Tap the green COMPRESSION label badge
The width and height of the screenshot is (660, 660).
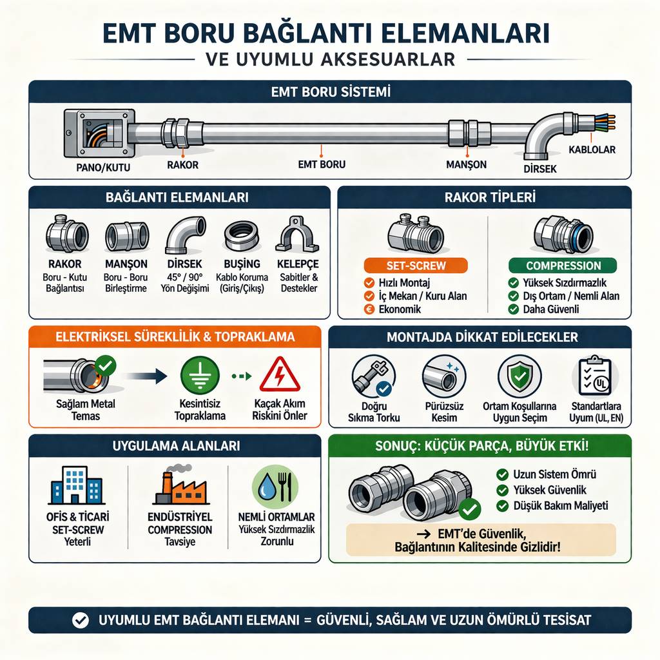563,266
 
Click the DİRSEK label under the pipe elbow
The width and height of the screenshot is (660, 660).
536,168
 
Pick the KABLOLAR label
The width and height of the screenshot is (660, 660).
592,150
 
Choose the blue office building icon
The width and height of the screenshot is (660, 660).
75,485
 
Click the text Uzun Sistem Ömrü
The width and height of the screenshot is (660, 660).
554,474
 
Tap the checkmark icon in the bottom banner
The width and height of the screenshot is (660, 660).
80,620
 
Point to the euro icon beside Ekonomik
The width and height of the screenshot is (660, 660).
369,309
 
